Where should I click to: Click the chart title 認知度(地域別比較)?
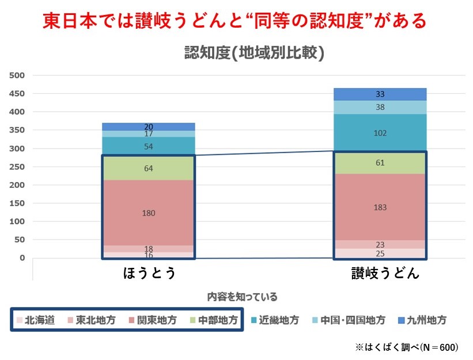pyautogui.click(x=254, y=54)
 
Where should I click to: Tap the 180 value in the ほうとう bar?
pyautogui.click(x=148, y=213)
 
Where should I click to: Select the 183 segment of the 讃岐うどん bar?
pyautogui.click(x=380, y=207)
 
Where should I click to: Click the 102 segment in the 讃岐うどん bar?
pyautogui.click(x=380, y=132)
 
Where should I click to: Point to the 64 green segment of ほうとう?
pyautogui.click(x=148, y=168)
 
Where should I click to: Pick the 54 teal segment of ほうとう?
pyautogui.click(x=148, y=146)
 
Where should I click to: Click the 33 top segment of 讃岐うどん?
pyautogui.click(x=380, y=94)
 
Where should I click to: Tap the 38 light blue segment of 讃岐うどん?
pyautogui.click(x=380, y=107)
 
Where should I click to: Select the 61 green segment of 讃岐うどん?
pyautogui.click(x=380, y=163)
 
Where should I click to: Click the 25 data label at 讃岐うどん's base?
pyautogui.click(x=380, y=253)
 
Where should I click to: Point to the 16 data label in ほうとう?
pyautogui.click(x=148, y=255)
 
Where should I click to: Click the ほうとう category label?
pyautogui.click(x=149, y=273)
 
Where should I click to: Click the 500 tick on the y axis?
pyautogui.click(x=18, y=75)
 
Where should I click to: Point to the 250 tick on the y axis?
pyautogui.click(x=18, y=166)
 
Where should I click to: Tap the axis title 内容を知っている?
pyautogui.click(x=242, y=297)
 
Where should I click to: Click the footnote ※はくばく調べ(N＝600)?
pyautogui.click(x=407, y=347)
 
